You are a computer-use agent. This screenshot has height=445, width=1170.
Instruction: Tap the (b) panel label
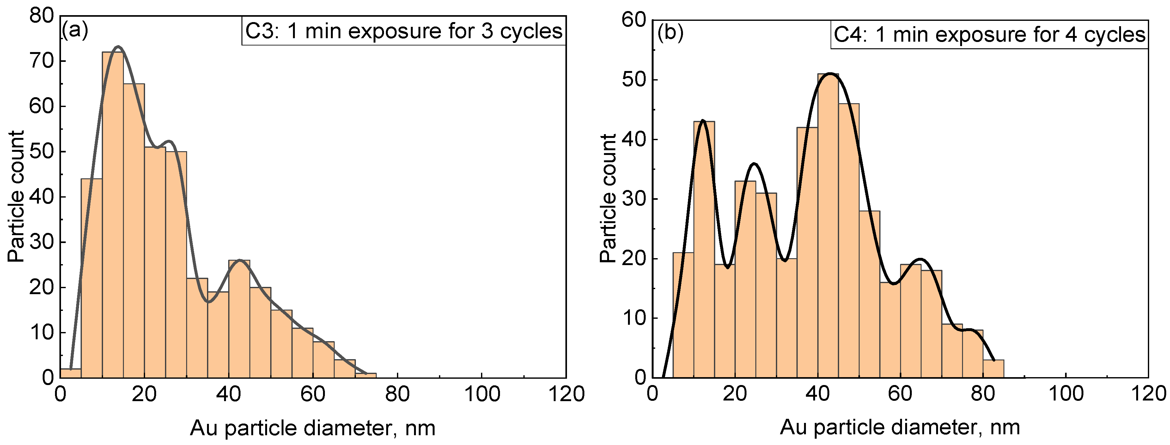click(x=670, y=33)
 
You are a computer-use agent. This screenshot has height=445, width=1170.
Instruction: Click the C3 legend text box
click(x=404, y=31)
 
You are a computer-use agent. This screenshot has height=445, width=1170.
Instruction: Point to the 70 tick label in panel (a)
click(x=41, y=61)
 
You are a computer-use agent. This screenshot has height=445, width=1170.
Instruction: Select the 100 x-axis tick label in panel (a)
click(x=481, y=394)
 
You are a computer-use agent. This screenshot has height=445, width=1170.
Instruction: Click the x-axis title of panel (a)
click(x=313, y=428)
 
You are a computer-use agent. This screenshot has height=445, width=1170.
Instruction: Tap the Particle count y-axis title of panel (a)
click(x=16, y=196)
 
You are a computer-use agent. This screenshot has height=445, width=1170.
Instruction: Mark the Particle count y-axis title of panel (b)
click(x=608, y=198)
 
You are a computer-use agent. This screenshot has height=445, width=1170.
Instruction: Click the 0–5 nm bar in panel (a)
click(x=70, y=373)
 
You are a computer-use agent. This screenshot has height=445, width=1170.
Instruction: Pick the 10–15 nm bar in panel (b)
click(x=704, y=250)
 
